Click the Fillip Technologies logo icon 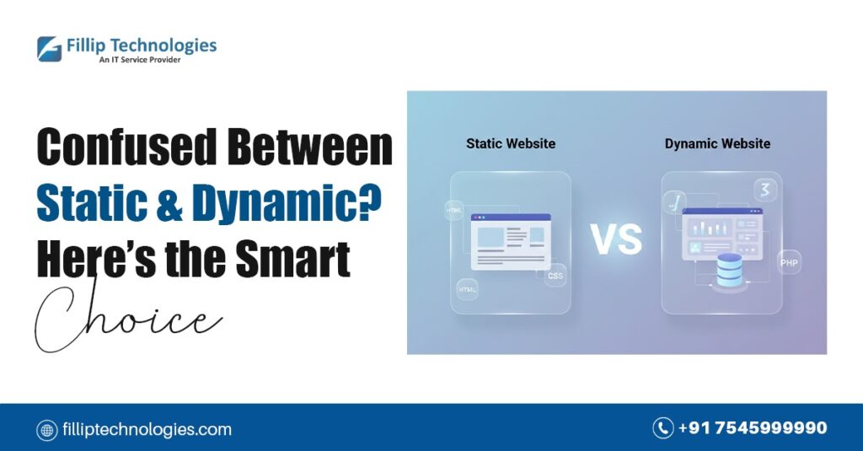[x=50, y=48]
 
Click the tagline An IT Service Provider [x=140, y=60]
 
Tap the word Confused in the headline [x=126, y=147]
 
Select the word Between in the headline [x=310, y=147]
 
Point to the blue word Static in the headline [x=92, y=202]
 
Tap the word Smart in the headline [x=293, y=259]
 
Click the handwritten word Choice [x=128, y=317]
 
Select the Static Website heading [x=511, y=143]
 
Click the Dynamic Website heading [x=717, y=143]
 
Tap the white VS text [x=616, y=239]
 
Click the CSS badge [x=555, y=276]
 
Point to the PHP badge [x=789, y=263]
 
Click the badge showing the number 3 [x=765, y=190]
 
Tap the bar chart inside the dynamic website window [x=708, y=228]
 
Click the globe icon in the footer [x=47, y=430]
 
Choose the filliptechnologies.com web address [x=147, y=430]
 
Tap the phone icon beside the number [x=662, y=428]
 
